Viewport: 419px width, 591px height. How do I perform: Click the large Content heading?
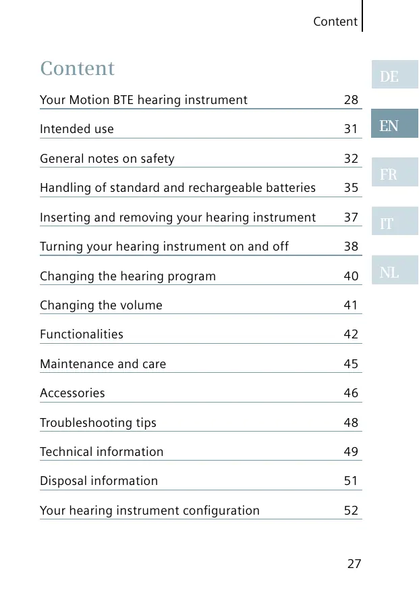point(78,68)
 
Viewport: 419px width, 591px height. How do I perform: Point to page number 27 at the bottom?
point(354,563)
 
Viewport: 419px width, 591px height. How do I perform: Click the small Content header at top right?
point(335,22)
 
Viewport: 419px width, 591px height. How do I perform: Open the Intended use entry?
point(77,129)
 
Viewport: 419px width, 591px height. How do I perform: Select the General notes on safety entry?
point(107,159)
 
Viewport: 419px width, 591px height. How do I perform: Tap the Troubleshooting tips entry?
point(98,423)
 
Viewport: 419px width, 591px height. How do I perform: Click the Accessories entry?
point(72,393)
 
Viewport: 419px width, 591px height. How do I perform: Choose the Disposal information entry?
point(99,481)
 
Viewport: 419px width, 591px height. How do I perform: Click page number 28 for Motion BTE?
point(351,100)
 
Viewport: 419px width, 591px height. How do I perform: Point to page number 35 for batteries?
point(351,188)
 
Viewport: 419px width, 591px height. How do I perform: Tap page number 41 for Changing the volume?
point(351,305)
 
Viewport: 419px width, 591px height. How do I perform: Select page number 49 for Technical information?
point(351,452)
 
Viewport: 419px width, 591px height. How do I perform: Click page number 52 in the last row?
point(351,511)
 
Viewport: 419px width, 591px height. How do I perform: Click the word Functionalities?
point(82,334)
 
